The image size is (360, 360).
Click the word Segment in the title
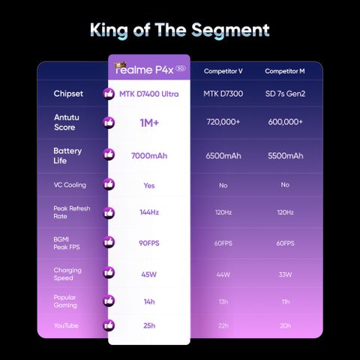tap(230, 31)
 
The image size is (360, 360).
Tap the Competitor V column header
tap(223, 71)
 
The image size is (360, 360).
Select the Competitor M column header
tap(285, 71)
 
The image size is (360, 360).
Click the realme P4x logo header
tap(150, 69)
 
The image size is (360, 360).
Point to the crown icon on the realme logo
tap(120, 65)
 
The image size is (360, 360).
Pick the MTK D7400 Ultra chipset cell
tap(149, 94)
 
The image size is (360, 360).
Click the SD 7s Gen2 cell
tap(285, 94)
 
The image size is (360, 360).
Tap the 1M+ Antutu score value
tap(149, 123)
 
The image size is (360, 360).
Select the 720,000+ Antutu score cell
tap(223, 121)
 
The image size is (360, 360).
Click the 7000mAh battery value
tap(149, 156)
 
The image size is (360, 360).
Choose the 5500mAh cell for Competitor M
tap(286, 156)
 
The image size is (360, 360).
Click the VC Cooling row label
tap(70, 185)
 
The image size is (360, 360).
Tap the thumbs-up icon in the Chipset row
tap(109, 94)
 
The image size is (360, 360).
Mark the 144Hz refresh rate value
tap(149, 212)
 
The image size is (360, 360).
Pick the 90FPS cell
tap(149, 243)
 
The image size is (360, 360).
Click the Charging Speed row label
tap(67, 274)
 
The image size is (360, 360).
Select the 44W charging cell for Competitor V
tap(223, 274)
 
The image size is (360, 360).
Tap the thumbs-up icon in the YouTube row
tap(109, 325)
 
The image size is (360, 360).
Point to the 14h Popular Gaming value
tap(149, 301)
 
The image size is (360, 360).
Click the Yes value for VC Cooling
tap(149, 185)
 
